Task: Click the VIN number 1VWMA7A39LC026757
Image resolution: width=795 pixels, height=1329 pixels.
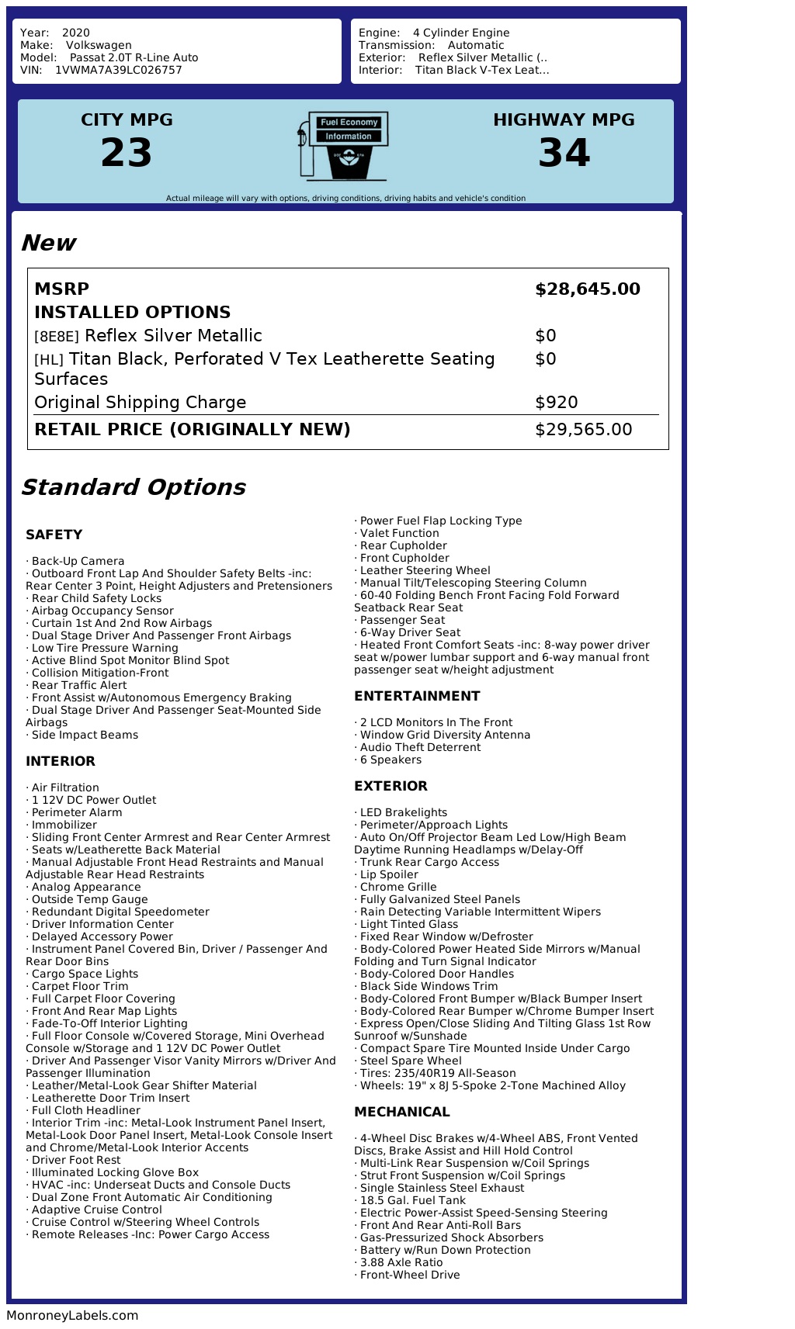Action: click(x=118, y=70)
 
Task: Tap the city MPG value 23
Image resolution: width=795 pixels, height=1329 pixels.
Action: click(x=127, y=153)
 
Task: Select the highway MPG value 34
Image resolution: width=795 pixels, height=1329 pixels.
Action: click(x=564, y=153)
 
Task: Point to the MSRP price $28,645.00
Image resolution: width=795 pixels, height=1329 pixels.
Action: click(x=587, y=289)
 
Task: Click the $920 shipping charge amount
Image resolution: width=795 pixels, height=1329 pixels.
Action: click(x=556, y=403)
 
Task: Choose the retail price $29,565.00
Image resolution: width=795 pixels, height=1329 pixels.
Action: click(x=583, y=430)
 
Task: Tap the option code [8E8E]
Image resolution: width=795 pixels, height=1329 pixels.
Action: click(x=57, y=337)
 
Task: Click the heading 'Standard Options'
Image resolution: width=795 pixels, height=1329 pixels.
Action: click(x=133, y=487)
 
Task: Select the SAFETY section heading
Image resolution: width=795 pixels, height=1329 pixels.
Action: click(x=54, y=535)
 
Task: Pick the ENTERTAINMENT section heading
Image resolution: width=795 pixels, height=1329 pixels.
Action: click(x=417, y=696)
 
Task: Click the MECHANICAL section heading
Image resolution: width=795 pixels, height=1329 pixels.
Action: click(x=401, y=1112)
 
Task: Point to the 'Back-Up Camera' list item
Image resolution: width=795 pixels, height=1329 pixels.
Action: click(x=78, y=561)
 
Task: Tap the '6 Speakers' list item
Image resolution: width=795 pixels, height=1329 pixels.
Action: click(x=391, y=760)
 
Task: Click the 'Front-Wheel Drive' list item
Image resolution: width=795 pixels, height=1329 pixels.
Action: click(x=410, y=1275)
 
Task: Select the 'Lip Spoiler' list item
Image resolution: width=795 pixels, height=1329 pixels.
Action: click(x=389, y=874)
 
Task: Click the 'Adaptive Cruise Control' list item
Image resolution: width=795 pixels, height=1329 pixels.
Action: click(x=97, y=1210)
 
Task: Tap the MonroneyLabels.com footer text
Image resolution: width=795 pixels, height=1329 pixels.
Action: click(x=72, y=1316)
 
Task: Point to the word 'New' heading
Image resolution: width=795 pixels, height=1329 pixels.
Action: click(x=48, y=243)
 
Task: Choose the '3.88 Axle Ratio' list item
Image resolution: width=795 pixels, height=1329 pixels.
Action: click(x=401, y=1262)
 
